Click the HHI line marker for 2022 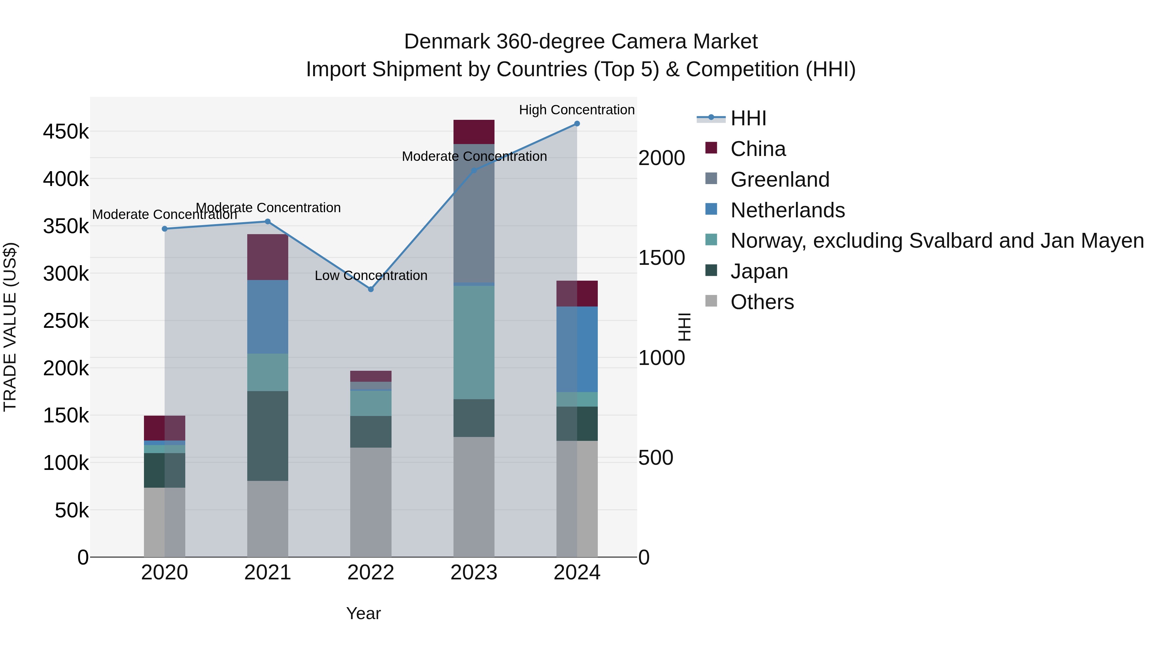371,289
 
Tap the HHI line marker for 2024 577,124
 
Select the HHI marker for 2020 165,229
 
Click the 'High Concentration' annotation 576,110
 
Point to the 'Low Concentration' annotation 371,275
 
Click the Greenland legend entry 780,180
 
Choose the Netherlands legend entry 787,210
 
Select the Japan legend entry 759,272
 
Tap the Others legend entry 762,302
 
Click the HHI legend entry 748,118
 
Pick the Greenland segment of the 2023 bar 474,213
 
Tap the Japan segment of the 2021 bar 268,436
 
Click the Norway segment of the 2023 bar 474,342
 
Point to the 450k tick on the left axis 66,132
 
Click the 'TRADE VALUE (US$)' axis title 10,327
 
